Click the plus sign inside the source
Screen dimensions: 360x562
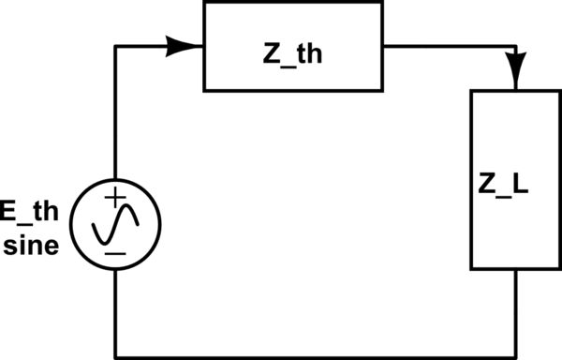click(114, 198)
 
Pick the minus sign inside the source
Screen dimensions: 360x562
click(114, 251)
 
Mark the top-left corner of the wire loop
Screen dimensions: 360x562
click(115, 45)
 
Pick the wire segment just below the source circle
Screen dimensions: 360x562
click(115, 309)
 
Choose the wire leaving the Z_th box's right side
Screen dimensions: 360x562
click(450, 45)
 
